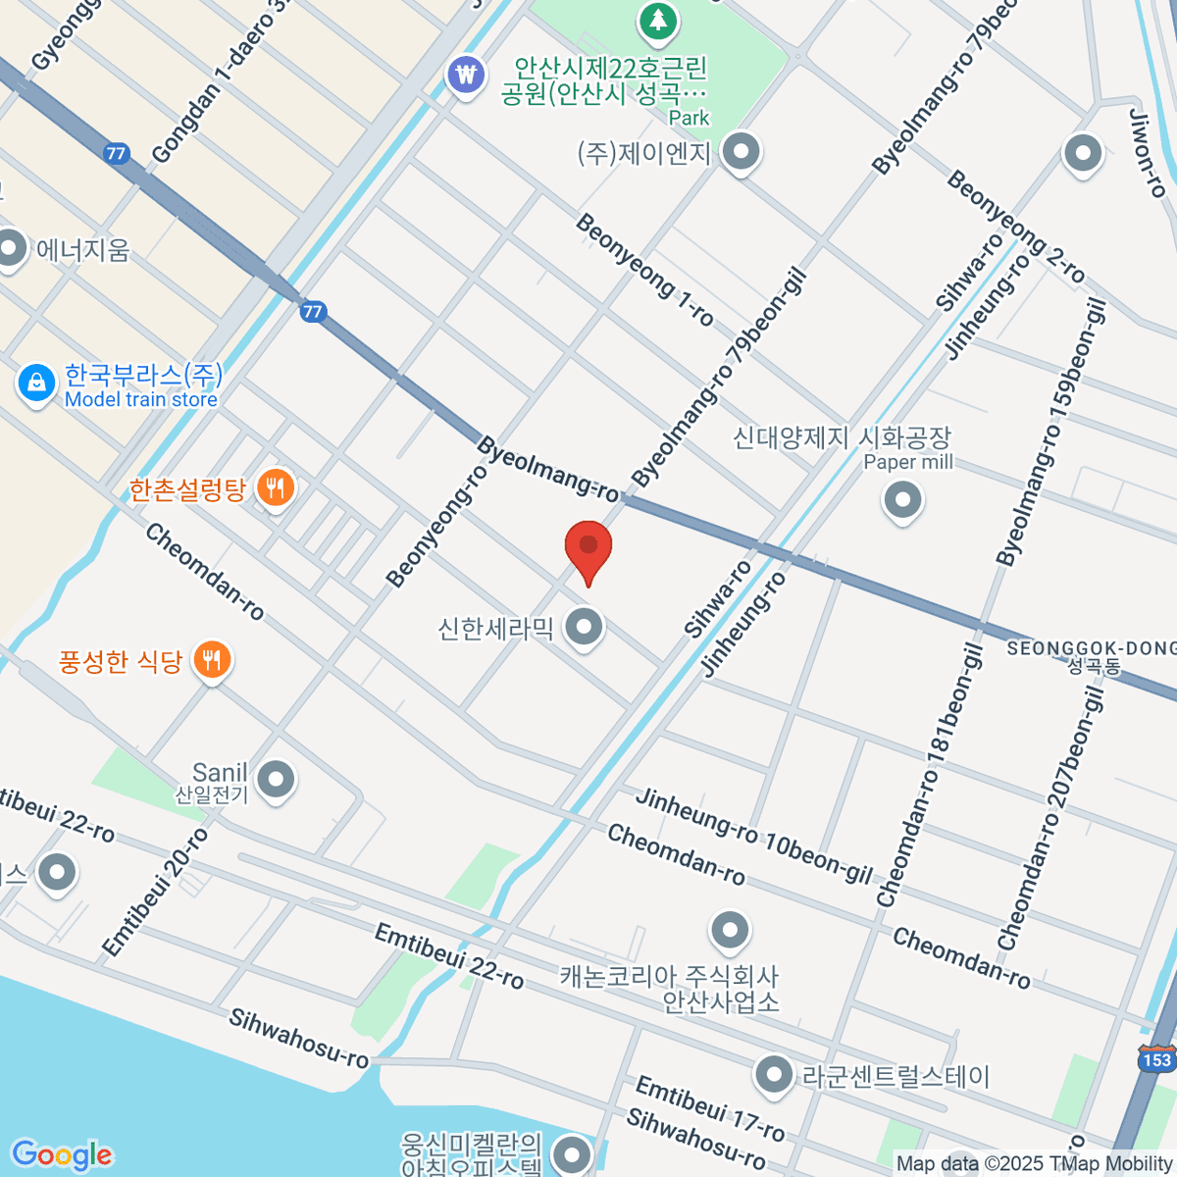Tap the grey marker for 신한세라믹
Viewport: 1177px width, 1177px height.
(x=586, y=626)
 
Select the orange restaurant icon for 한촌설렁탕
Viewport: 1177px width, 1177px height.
(x=275, y=486)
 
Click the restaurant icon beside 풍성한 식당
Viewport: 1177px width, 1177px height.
(x=211, y=660)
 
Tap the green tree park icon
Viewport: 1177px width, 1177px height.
(x=657, y=20)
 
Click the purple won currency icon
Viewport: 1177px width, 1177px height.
(x=465, y=75)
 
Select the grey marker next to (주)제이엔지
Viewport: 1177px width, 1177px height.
(x=742, y=153)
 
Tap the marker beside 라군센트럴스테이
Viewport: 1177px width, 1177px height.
(x=774, y=1076)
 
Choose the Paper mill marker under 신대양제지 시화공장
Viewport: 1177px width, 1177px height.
(x=902, y=501)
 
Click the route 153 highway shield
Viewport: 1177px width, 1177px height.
(x=1156, y=1059)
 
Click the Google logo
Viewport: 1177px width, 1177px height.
(x=62, y=1154)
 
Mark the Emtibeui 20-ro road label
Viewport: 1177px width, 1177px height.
(x=156, y=891)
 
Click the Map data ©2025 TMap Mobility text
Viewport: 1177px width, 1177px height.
(x=1034, y=1163)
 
